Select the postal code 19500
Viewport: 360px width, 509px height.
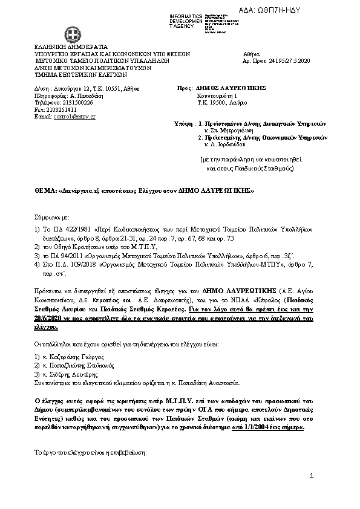pyautogui.click(x=216, y=102)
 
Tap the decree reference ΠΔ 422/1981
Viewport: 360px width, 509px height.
pyautogui.click(x=62, y=230)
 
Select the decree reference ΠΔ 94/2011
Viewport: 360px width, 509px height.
pyautogui.click(x=59, y=256)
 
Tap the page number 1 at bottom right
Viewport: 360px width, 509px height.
pyautogui.click(x=311, y=476)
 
